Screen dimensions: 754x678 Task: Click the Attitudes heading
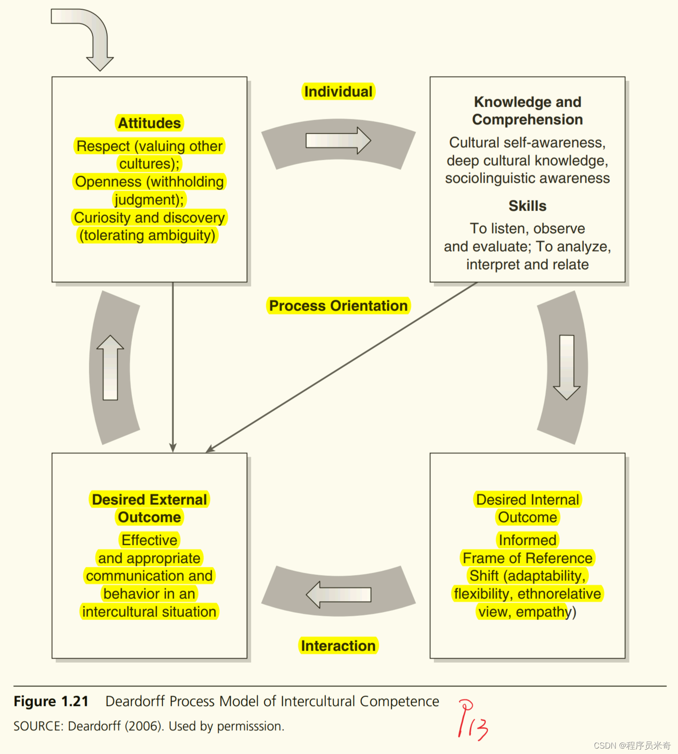pyautogui.click(x=149, y=123)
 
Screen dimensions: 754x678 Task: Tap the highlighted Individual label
pyautogui.click(x=338, y=92)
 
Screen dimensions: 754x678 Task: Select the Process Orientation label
pyautogui.click(x=338, y=306)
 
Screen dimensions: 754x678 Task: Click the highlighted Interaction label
pyautogui.click(x=338, y=646)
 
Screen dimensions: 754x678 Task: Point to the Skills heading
pyautogui.click(x=527, y=206)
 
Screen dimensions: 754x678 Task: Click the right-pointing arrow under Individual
pyautogui.click(x=338, y=140)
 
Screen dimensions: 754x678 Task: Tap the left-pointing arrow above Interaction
pyautogui.click(x=338, y=594)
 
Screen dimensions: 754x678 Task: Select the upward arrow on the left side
pyautogui.click(x=110, y=368)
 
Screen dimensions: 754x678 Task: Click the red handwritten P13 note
pyautogui.click(x=472, y=720)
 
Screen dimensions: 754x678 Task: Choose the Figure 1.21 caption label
pyautogui.click(x=51, y=701)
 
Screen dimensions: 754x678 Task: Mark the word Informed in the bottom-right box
pyautogui.click(x=527, y=540)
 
